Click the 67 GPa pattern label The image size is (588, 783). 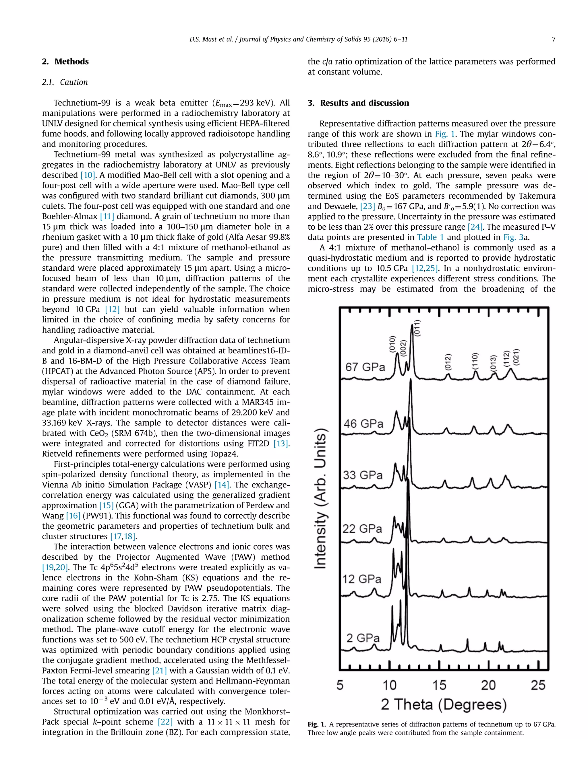[x=365, y=367]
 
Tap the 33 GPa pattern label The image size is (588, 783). [x=363, y=475]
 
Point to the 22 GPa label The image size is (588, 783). [x=362, y=529]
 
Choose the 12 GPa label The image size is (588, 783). [x=361, y=579]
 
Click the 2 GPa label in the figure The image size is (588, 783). [x=363, y=638]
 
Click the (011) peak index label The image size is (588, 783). [x=417, y=329]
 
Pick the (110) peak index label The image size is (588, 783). [x=475, y=361]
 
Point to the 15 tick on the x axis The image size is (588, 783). [x=439, y=685]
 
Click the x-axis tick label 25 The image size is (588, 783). [x=538, y=685]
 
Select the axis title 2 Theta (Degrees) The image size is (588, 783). [x=444, y=704]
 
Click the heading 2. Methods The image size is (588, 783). [x=65, y=62]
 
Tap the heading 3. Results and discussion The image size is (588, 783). [x=358, y=103]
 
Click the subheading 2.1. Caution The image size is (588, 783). [x=65, y=82]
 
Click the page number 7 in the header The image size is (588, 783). [x=553, y=39]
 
